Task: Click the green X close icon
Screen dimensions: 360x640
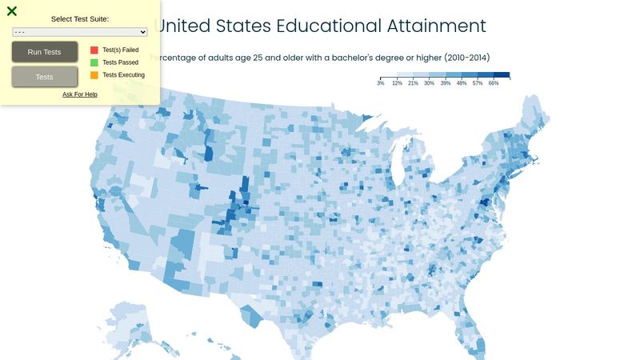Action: click(12, 11)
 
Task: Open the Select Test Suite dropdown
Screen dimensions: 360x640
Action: click(80, 32)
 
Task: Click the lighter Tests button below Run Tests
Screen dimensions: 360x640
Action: click(45, 77)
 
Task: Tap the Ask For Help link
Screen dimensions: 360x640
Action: click(80, 94)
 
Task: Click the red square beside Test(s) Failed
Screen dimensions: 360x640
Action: click(94, 50)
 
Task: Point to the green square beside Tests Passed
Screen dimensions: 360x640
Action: click(94, 62)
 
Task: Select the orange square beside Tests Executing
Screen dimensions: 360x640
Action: click(94, 74)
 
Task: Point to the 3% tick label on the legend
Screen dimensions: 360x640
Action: click(381, 83)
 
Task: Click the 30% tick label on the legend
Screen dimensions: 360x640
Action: click(429, 83)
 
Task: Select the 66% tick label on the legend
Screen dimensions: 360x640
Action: click(494, 83)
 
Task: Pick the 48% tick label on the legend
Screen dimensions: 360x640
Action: click(462, 83)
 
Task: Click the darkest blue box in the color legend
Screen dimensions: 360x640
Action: click(502, 75)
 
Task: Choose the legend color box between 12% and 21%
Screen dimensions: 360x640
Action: click(405, 75)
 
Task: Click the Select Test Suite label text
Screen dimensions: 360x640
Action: click(80, 18)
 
